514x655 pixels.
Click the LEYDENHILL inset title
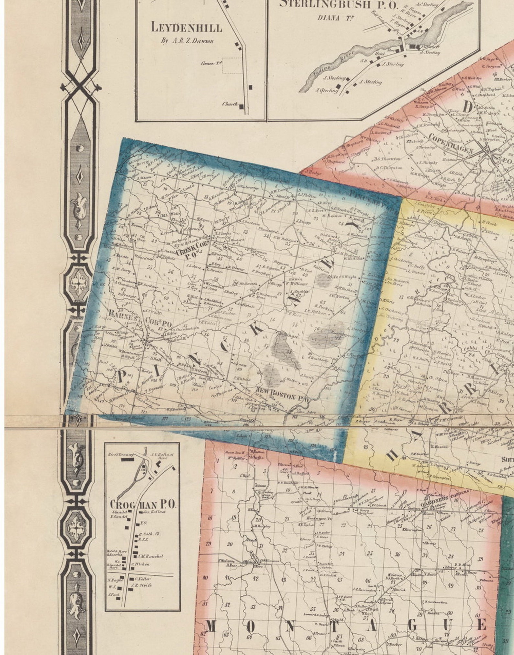tap(187, 28)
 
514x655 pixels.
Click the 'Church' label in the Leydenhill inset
tap(230, 104)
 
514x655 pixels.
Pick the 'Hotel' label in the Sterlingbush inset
tap(379, 54)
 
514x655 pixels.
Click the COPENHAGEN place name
tap(451, 143)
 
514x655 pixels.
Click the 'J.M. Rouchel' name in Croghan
tap(150, 556)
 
